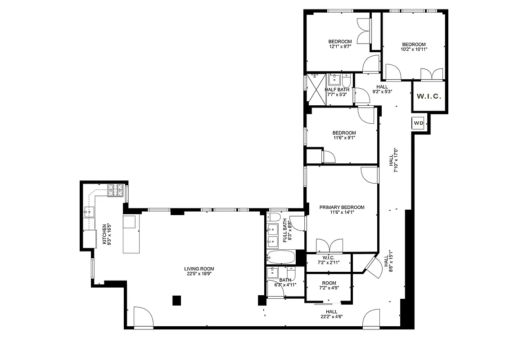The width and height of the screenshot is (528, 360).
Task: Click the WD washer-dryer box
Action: click(418, 123)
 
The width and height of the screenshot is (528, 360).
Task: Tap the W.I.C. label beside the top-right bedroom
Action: click(429, 96)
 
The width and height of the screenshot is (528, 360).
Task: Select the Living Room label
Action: click(200, 271)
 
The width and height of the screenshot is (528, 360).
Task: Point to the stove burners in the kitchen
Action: click(115, 190)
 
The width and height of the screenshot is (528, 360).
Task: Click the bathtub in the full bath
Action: click(280, 258)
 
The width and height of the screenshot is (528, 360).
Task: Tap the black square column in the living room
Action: click(176, 300)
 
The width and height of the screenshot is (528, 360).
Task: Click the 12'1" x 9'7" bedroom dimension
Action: click(340, 46)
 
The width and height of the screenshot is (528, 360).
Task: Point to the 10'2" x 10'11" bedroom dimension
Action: click(414, 49)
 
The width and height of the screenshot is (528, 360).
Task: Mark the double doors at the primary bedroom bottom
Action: click(329, 247)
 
